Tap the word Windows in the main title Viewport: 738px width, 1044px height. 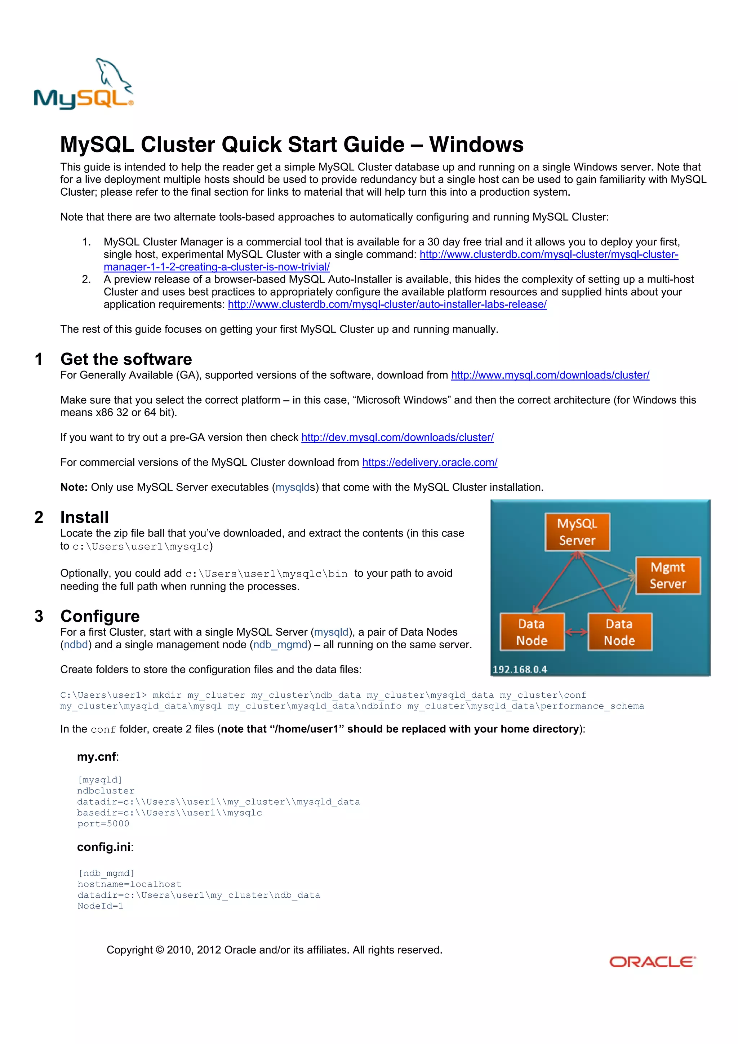pyautogui.click(x=476, y=145)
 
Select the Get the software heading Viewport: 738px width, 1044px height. pyautogui.click(x=126, y=359)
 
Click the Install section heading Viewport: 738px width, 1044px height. pyautogui.click(x=85, y=517)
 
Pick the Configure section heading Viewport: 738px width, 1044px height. pyautogui.click(x=100, y=616)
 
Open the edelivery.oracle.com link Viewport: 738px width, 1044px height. pyautogui.click(x=429, y=462)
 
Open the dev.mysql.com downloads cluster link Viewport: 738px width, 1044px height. pyautogui.click(x=397, y=437)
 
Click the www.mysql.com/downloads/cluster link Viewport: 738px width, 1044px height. pyautogui.click(x=550, y=375)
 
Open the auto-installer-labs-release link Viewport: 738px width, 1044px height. pyautogui.click(x=387, y=304)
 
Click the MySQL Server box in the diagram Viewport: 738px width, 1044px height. pyautogui.click(x=577, y=532)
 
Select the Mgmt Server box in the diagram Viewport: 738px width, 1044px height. pyautogui.click(x=667, y=575)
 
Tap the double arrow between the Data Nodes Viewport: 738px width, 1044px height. pyautogui.click(x=576, y=632)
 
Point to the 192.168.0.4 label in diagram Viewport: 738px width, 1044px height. pyautogui.click(x=520, y=669)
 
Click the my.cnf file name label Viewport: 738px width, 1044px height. pyautogui.click(x=97, y=757)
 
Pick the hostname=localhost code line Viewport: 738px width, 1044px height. pyautogui.click(x=129, y=884)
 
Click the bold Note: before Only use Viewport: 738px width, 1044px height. pyautogui.click(x=74, y=488)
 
